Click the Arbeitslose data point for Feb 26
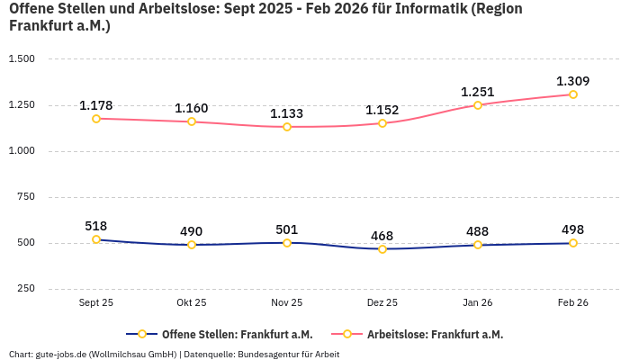coord(573,94)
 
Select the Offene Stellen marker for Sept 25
coord(96,239)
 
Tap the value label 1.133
coord(287,113)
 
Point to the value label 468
coord(382,236)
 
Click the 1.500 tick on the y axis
coord(22,59)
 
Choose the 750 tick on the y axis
coord(25,197)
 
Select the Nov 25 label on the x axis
coord(287,303)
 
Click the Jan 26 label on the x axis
coord(478,303)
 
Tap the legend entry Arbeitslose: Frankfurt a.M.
coord(435,334)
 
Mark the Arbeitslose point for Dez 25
coord(382,123)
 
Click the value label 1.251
coord(478,92)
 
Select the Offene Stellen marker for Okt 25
coord(192,245)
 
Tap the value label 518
coord(96,226)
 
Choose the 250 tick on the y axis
coord(25,289)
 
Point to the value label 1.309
coord(573,81)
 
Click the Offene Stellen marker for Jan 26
coord(478,245)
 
